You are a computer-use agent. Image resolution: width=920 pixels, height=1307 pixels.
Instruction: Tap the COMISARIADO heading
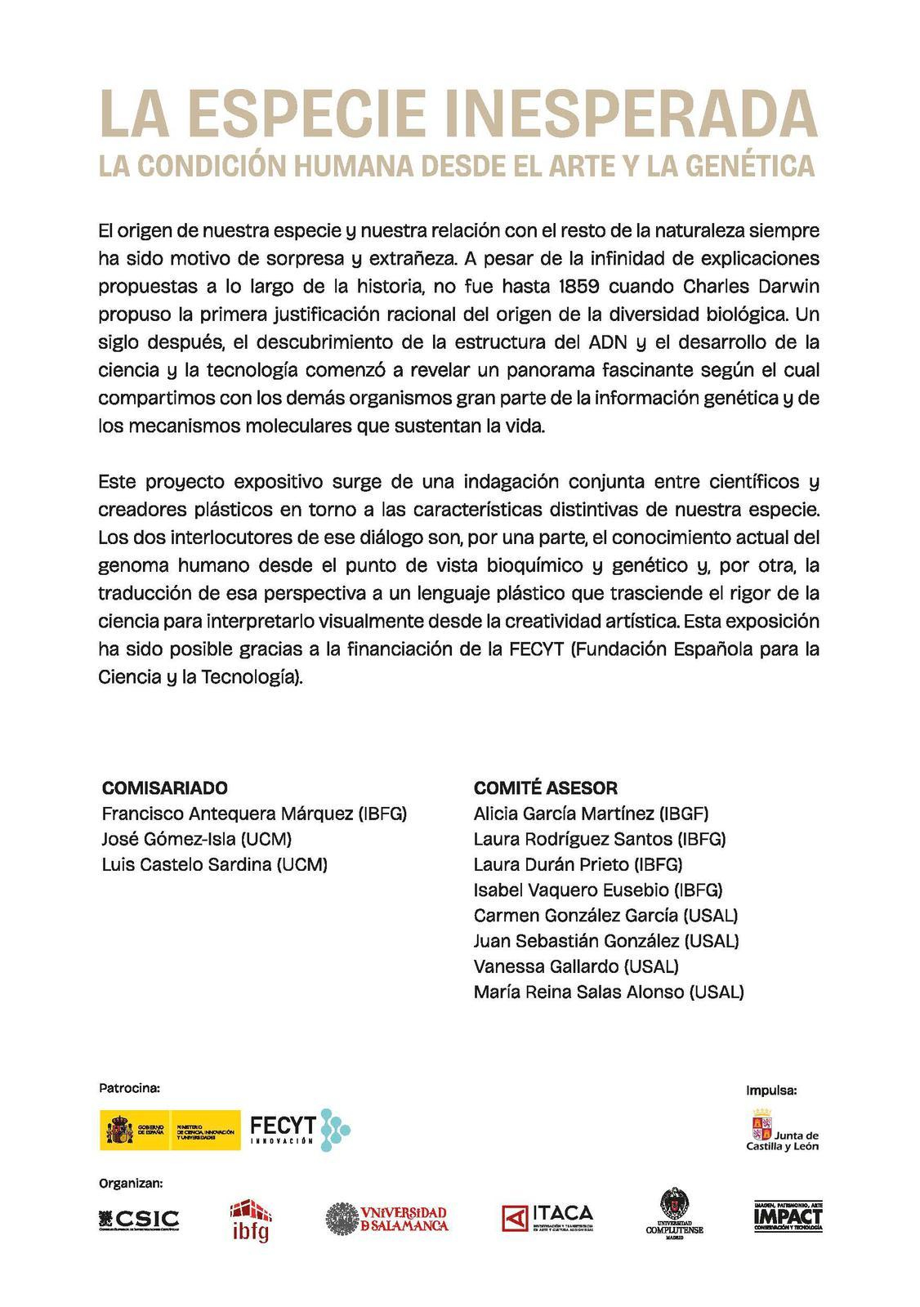(164, 787)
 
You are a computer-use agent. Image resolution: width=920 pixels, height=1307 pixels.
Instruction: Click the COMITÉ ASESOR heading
(545, 787)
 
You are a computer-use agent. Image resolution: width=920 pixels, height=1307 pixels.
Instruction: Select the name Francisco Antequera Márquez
(253, 814)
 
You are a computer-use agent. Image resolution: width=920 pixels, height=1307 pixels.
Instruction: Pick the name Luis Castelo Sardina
(214, 864)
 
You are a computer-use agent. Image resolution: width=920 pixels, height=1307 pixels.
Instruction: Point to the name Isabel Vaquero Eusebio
(597, 890)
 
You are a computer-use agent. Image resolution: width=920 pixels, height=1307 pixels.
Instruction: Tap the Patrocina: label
(129, 1087)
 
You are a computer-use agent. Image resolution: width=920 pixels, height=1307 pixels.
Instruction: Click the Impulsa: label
(770, 1090)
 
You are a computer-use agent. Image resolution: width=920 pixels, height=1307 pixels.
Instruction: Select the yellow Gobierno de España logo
(170, 1130)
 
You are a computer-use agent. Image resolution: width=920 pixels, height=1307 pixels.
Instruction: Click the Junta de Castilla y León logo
(782, 1130)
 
